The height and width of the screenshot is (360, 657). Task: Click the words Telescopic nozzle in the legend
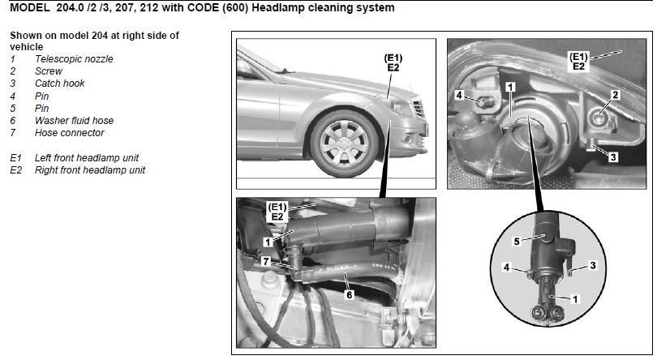pyautogui.click(x=74, y=59)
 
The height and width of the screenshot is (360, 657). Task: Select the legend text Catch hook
pyautogui.click(x=59, y=84)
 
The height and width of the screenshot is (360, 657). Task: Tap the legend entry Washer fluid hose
pyautogui.click(x=74, y=121)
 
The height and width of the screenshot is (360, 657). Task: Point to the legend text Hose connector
pyautogui.click(x=70, y=133)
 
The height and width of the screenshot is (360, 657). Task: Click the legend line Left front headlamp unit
pyautogui.click(x=86, y=158)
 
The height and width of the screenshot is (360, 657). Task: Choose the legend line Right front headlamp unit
pyautogui.click(x=90, y=170)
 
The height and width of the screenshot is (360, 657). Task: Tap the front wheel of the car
pyautogui.click(x=344, y=144)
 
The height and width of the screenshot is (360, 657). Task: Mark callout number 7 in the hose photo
pyautogui.click(x=266, y=262)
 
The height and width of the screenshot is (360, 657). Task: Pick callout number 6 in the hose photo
pyautogui.click(x=349, y=295)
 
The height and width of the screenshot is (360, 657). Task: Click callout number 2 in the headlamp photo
pyautogui.click(x=615, y=95)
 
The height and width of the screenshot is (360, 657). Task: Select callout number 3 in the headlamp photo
pyautogui.click(x=613, y=157)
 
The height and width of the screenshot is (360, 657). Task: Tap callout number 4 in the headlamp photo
pyautogui.click(x=459, y=96)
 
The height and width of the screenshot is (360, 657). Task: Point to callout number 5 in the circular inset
pyautogui.click(x=517, y=242)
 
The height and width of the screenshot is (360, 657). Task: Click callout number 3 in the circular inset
pyautogui.click(x=592, y=265)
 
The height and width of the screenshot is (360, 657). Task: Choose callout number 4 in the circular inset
pyautogui.click(x=507, y=267)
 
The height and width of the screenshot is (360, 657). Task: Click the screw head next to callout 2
pyautogui.click(x=599, y=118)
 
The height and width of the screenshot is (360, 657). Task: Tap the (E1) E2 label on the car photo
pyautogui.click(x=393, y=63)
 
